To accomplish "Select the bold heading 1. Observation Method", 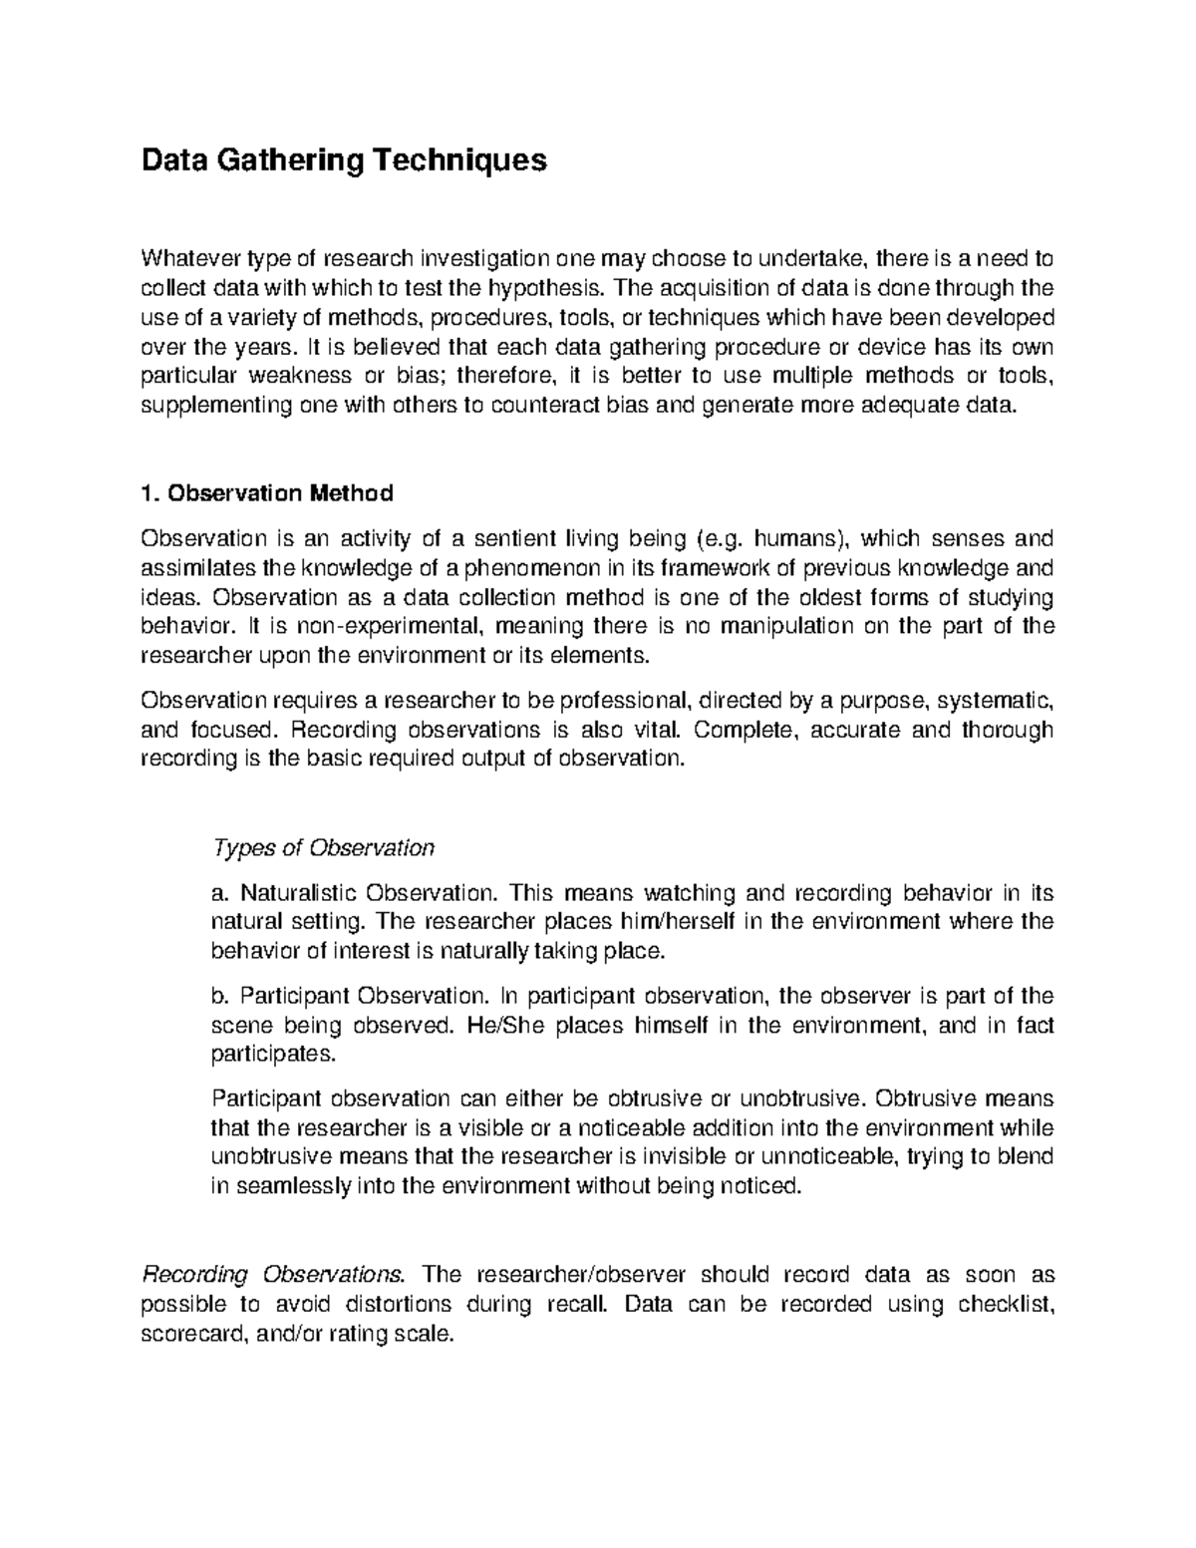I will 267,493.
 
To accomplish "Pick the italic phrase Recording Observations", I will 275,1274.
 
